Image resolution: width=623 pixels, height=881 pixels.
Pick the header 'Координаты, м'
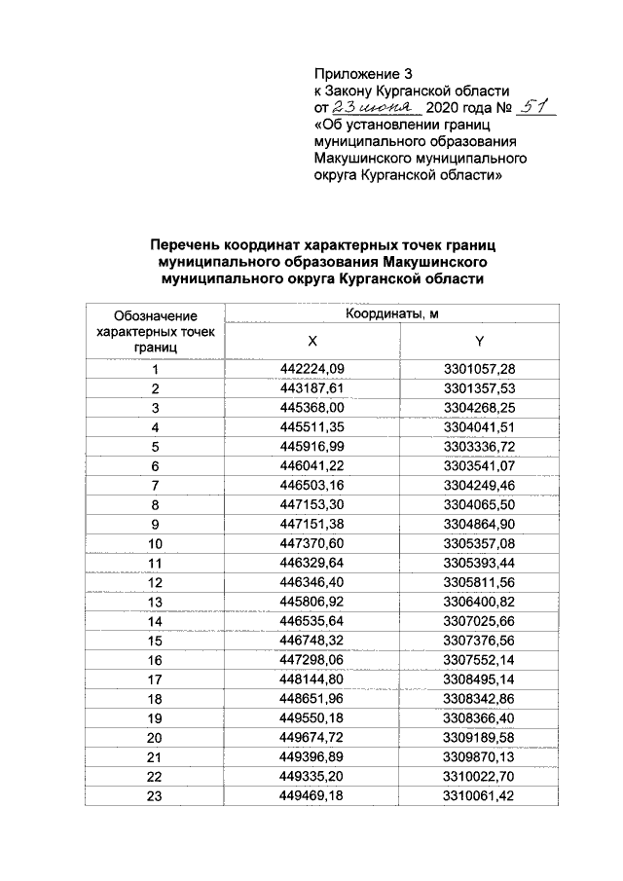(x=393, y=313)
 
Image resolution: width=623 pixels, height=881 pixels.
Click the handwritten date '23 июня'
(x=374, y=108)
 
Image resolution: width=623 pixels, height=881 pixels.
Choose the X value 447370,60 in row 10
(x=312, y=542)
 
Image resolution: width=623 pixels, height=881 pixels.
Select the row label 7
(x=154, y=484)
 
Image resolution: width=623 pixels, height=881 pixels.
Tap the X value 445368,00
(x=312, y=407)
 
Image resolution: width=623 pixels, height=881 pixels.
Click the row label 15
(x=154, y=639)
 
